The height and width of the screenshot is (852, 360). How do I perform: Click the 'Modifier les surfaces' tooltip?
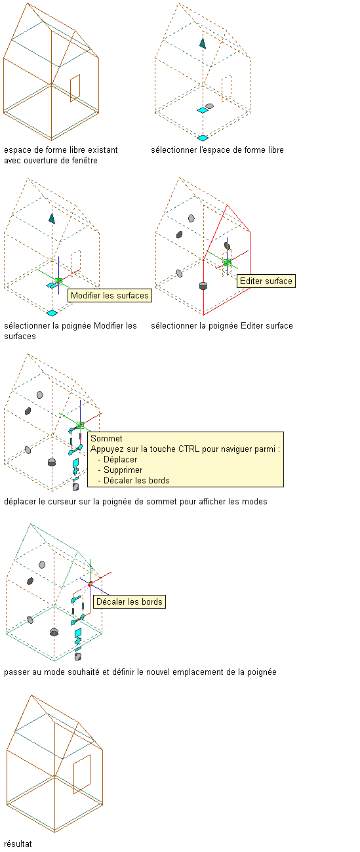(110, 296)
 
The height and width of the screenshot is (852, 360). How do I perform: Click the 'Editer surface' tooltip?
(266, 281)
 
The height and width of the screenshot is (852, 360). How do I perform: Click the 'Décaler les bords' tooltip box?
(129, 601)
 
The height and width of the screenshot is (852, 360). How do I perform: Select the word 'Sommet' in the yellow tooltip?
(106, 439)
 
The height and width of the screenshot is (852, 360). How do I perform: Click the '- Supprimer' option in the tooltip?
(120, 470)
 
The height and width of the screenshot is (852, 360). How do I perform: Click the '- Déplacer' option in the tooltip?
(117, 460)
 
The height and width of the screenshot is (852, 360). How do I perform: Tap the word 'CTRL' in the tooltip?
(189, 449)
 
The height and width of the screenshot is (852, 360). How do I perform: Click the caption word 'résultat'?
(18, 843)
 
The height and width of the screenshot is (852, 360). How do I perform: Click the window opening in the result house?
(82, 774)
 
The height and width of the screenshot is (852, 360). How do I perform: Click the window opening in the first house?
(75, 89)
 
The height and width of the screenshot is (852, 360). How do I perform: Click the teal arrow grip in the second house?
(203, 43)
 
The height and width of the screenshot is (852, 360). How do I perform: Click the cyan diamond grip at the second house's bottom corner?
(203, 138)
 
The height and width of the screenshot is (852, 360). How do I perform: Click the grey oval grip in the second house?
(209, 106)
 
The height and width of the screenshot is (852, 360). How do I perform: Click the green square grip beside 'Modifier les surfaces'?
(58, 281)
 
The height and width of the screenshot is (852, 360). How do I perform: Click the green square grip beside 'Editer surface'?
(228, 262)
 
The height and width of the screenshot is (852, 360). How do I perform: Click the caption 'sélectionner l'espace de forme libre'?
(218, 150)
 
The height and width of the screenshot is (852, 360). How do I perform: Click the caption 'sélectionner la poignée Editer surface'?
(222, 326)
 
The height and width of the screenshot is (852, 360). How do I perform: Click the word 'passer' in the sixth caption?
(15, 672)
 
